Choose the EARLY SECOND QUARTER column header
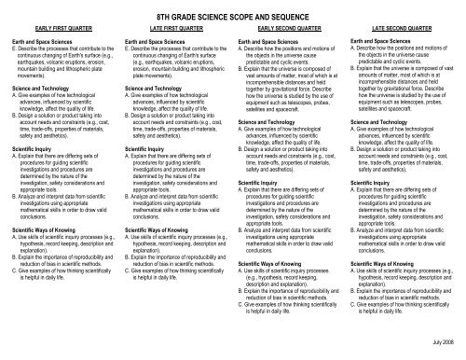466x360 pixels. [286, 30]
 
